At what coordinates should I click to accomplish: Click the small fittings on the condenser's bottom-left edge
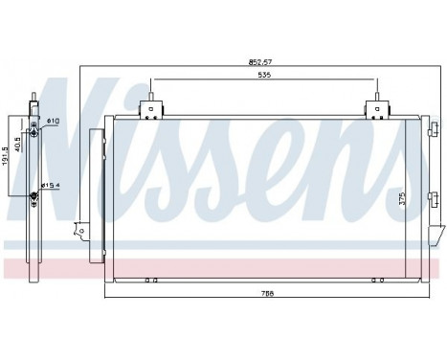(148, 281)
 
